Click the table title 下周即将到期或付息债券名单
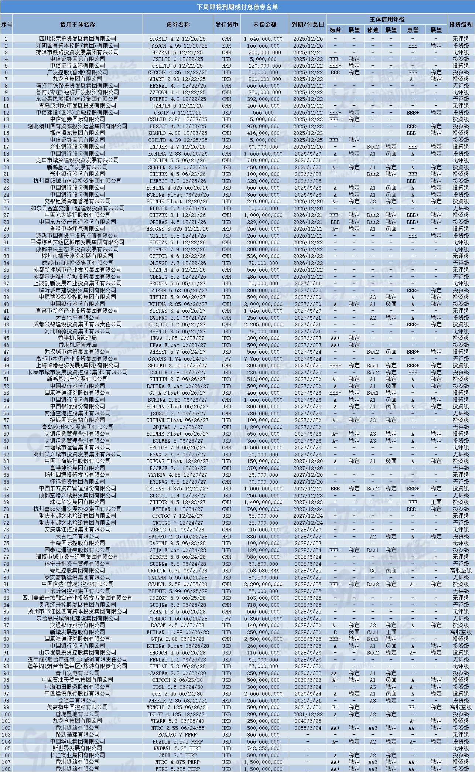pos(237,7)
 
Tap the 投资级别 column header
pos(461,24)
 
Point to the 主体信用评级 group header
pos(387,19)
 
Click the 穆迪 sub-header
pos(373,30)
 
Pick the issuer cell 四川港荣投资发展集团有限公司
pos(78,38)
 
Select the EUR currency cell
pos(226,45)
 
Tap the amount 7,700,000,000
pos(263,358)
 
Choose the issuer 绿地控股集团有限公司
pos(78,570)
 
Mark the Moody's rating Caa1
pos(373,632)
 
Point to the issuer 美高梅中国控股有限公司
pos(78,707)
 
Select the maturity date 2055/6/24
pos(308,728)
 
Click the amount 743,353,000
pos(263,748)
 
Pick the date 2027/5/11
pos(308,283)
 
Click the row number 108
pos(6,769)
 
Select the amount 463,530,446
pos(263,570)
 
